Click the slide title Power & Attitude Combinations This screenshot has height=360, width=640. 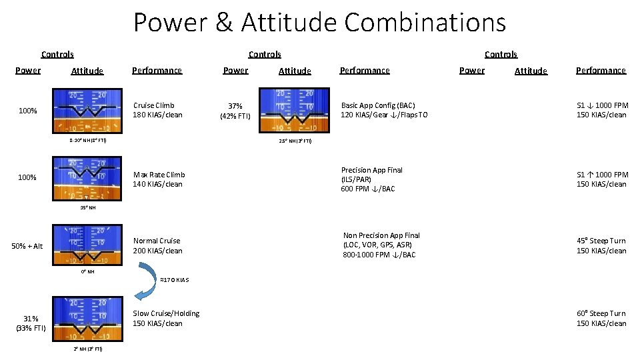[319, 22]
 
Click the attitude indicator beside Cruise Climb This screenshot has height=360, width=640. [87, 111]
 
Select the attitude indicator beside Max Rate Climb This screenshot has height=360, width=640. [87, 179]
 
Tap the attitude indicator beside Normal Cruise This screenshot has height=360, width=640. [87, 245]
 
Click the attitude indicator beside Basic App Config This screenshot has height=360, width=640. [295, 111]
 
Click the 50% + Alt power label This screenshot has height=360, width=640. [27, 246]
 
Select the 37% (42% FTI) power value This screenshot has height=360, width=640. [235, 111]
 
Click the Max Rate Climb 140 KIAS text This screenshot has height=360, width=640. [158, 179]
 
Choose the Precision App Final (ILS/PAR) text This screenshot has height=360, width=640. [371, 179]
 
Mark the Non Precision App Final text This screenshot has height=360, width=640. [381, 245]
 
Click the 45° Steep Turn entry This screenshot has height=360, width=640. [601, 245]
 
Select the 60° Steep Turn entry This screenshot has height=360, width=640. [601, 318]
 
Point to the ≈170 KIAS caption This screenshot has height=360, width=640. [175, 279]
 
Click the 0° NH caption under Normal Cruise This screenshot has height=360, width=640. [87, 271]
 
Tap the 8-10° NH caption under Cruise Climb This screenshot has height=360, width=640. [87, 141]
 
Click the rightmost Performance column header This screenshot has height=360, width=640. [601, 70]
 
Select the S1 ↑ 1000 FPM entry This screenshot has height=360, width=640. [601, 179]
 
